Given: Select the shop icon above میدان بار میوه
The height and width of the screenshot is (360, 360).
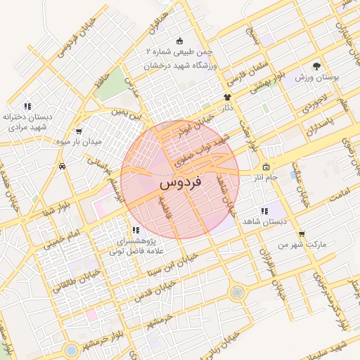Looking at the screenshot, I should pyautogui.click(x=78, y=131).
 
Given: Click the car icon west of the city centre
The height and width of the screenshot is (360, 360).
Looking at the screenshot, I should pyautogui.click(x=63, y=167).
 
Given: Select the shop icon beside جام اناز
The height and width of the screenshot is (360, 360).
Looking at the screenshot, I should pyautogui.click(x=266, y=167).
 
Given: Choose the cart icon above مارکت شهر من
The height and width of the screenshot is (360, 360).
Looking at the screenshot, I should pyautogui.click(x=302, y=235).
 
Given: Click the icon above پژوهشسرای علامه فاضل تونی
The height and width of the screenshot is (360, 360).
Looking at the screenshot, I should pyautogui.click(x=135, y=230).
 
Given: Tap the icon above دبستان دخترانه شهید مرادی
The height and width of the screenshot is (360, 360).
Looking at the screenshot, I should pyautogui.click(x=27, y=106).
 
